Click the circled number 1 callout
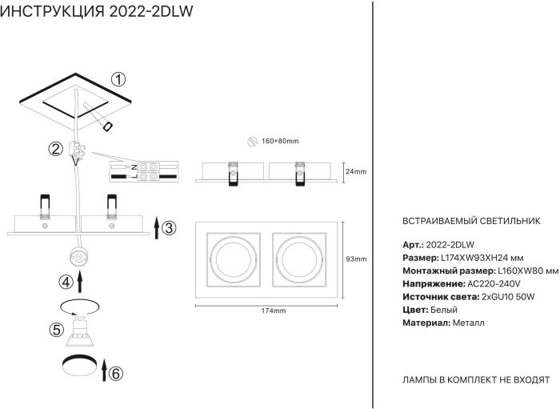coord(118,79)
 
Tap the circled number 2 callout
coord(55,149)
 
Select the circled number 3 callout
coord(168,228)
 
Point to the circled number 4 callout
coord(66,282)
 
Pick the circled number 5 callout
coord(55,329)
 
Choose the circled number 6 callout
coord(115,373)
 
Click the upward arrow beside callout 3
coord(155,227)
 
